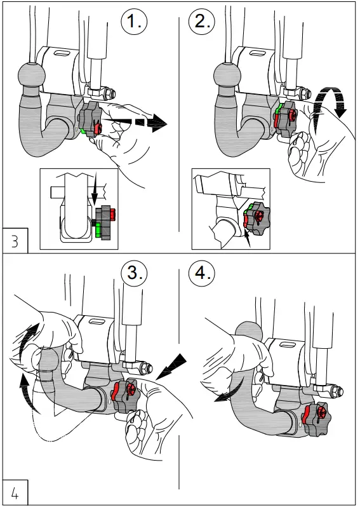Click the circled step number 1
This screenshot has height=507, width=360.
[x=134, y=22]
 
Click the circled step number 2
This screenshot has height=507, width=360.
[x=202, y=22]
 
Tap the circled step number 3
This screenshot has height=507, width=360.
[x=134, y=273]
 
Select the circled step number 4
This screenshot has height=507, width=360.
[x=202, y=273]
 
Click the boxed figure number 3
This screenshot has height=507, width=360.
[x=15, y=241]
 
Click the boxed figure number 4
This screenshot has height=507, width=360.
[x=15, y=492]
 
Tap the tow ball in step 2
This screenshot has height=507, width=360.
[x=227, y=75]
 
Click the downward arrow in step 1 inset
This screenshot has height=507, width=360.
[x=95, y=189]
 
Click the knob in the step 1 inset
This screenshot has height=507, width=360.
[x=105, y=222]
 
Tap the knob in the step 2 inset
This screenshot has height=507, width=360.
[x=257, y=219]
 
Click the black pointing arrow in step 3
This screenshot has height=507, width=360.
[x=171, y=367]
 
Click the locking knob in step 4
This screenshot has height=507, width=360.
[x=314, y=419]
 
